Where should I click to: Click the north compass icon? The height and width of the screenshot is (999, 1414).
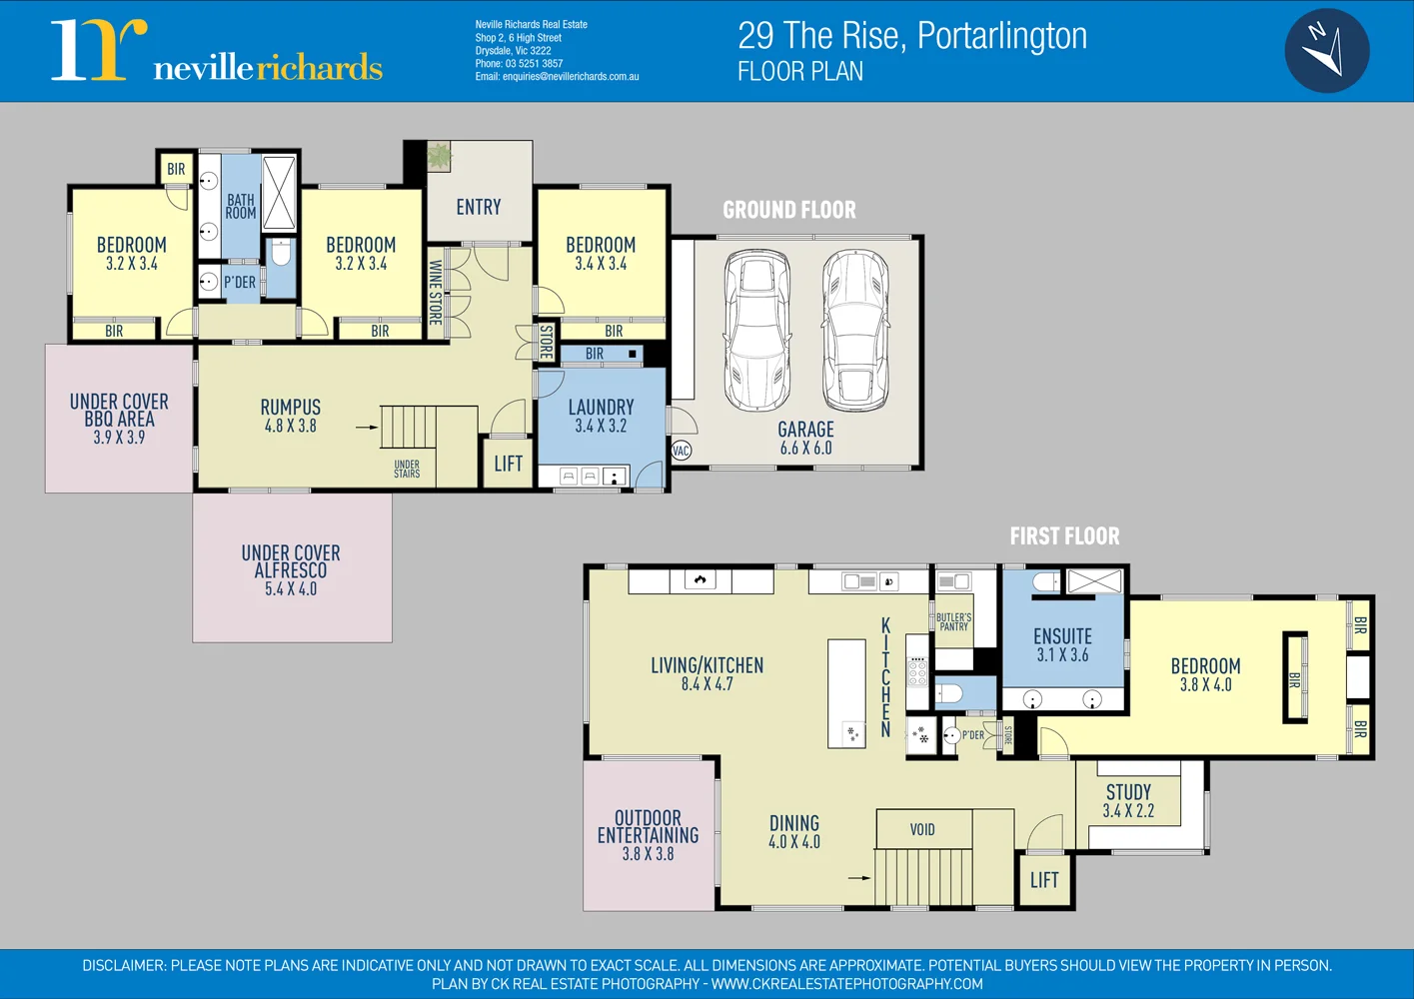(1326, 50)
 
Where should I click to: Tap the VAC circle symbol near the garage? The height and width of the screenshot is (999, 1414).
(681, 451)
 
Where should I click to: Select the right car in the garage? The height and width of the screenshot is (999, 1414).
(854, 330)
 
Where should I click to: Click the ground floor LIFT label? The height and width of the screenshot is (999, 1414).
(508, 464)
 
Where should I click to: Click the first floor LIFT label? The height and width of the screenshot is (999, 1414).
(1044, 880)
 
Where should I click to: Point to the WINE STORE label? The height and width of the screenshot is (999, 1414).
(435, 293)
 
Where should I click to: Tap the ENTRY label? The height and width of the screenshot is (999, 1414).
(479, 207)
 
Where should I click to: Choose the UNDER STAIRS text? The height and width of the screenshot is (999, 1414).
(407, 469)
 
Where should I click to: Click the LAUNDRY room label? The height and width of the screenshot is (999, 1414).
(601, 408)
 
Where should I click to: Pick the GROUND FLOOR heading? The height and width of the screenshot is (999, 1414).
(789, 210)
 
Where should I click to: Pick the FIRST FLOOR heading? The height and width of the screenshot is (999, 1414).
(1064, 536)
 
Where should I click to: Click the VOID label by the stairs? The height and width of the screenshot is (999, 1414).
(922, 829)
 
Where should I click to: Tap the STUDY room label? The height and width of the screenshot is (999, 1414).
(1128, 792)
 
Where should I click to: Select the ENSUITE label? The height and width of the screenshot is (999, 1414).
(1062, 636)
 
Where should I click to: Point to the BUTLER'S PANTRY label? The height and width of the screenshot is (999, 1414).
(953, 622)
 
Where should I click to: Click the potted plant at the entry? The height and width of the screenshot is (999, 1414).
(439, 157)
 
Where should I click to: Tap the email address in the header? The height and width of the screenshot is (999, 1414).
(557, 77)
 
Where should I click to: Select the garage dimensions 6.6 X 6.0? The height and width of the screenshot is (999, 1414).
(805, 449)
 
